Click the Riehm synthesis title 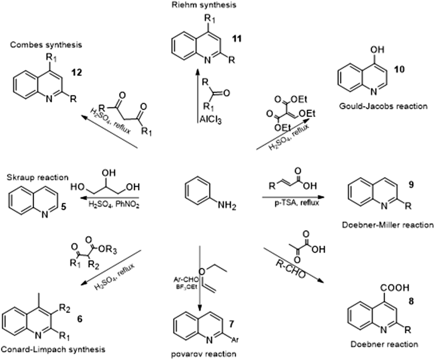(x=203, y=5)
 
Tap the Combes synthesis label (x=46, y=45)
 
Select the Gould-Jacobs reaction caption (x=383, y=106)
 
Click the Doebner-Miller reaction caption (x=388, y=225)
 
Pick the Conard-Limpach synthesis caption (x=53, y=349)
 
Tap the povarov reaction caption (x=203, y=354)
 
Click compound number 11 (x=237, y=39)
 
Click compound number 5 (x=64, y=207)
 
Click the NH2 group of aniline (x=227, y=206)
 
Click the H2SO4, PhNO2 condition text (x=114, y=205)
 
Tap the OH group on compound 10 (x=377, y=50)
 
